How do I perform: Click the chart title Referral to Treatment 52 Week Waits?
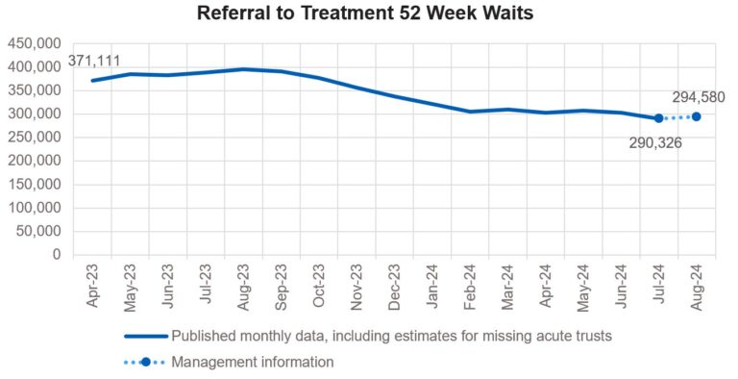[x=369, y=14]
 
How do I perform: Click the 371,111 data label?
[x=94, y=63]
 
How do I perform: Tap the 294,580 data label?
[x=698, y=97]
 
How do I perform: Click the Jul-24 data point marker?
[x=658, y=118]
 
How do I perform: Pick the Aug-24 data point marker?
[x=696, y=116]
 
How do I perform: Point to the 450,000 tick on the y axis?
[x=34, y=43]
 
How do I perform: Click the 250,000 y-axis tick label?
[x=34, y=138]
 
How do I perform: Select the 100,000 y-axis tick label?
[x=34, y=208]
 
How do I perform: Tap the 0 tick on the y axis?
[x=57, y=255]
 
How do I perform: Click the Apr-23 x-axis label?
[x=93, y=286]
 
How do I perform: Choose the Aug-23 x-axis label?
[x=244, y=286]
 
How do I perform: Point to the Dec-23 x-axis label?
[x=395, y=286]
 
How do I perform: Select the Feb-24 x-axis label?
[x=470, y=286]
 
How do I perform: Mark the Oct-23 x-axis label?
[x=319, y=286]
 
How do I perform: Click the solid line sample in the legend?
[x=145, y=337]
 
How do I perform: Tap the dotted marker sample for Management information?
[x=145, y=363]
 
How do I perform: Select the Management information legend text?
[x=253, y=363]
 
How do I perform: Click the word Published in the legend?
[x=201, y=337]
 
